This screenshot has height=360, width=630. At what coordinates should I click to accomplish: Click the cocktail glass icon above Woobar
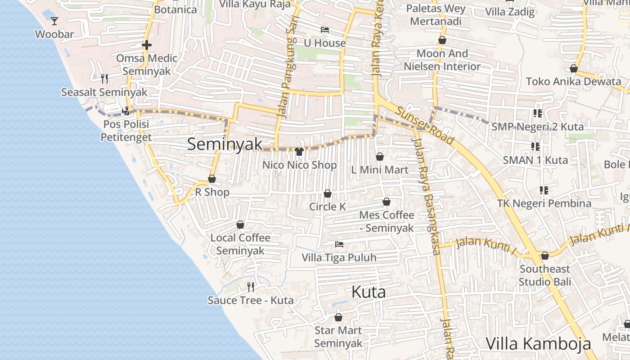(x=54, y=21)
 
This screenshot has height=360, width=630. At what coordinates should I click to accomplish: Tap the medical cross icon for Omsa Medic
(x=146, y=45)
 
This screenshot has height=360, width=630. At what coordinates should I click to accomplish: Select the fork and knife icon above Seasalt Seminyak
(x=104, y=79)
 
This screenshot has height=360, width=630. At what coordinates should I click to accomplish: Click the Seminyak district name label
(x=225, y=144)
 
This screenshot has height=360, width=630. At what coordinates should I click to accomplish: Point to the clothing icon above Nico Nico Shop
(x=299, y=151)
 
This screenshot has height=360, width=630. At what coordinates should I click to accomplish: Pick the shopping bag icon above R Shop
(x=212, y=179)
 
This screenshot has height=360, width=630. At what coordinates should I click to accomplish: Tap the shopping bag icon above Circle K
(x=328, y=193)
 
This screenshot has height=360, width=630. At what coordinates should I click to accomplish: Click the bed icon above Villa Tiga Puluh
(x=339, y=244)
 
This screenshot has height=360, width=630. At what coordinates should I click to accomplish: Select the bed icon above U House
(x=325, y=30)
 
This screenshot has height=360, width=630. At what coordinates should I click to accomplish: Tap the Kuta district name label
(x=369, y=292)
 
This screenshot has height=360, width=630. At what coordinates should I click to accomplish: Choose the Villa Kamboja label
(x=538, y=344)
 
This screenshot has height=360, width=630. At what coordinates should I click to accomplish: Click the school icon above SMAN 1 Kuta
(x=535, y=146)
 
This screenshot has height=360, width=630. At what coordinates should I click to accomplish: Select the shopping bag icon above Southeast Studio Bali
(x=545, y=256)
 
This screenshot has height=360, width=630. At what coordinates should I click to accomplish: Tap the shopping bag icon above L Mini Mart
(x=380, y=157)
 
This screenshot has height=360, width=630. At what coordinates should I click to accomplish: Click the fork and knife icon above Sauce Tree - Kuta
(x=251, y=287)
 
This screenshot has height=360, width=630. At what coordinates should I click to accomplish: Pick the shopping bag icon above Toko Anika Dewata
(x=574, y=68)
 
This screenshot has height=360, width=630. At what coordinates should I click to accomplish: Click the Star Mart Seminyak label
(x=338, y=337)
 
